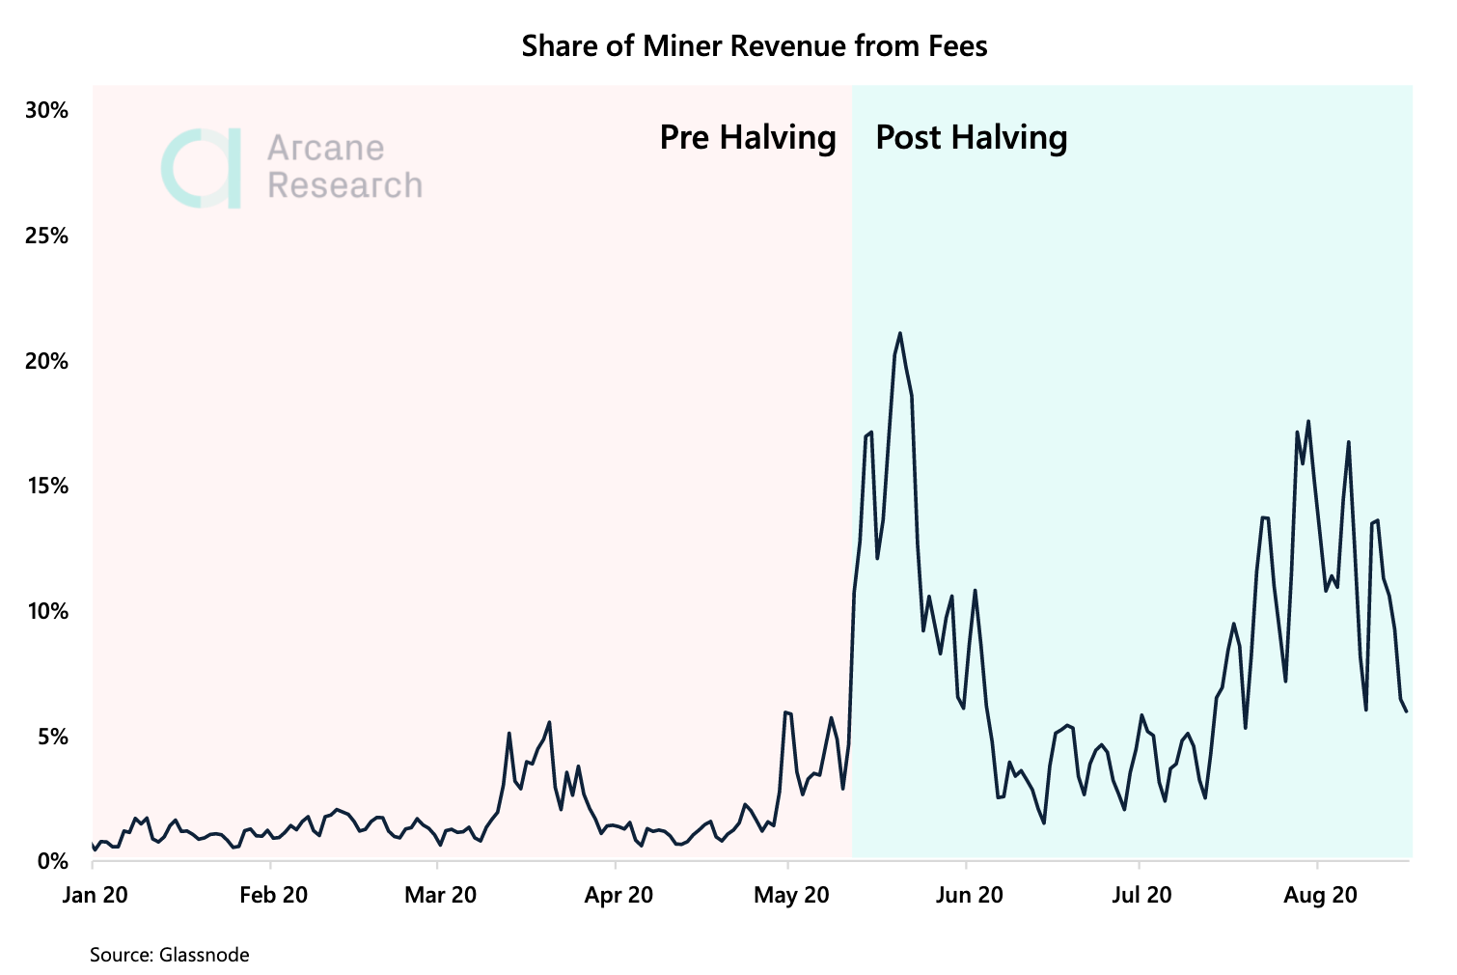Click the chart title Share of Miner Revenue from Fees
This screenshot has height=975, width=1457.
tap(754, 45)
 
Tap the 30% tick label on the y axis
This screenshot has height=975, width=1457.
tap(46, 111)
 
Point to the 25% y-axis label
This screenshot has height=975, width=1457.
tap(46, 237)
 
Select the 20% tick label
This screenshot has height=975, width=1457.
tap(46, 362)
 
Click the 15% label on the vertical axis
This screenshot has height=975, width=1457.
tap(46, 487)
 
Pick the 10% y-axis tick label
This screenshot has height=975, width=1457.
tap(46, 612)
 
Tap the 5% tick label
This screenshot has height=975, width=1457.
tap(52, 738)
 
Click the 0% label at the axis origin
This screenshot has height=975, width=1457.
tap(52, 861)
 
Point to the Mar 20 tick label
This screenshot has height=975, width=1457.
tap(440, 895)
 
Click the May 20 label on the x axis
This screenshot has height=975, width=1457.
tap(791, 895)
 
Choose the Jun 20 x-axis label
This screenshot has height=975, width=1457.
tap(969, 895)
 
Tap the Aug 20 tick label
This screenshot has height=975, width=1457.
tap(1320, 895)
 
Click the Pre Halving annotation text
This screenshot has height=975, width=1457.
tap(748, 137)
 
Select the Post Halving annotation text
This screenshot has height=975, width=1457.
tap(971, 137)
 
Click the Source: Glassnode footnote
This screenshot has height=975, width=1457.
tap(170, 955)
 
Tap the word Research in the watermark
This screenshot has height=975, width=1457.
tap(344, 185)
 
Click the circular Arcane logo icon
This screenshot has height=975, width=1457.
tap(201, 168)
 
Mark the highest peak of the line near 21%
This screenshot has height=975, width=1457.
tap(900, 334)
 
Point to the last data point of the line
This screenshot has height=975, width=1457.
tap(1407, 711)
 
